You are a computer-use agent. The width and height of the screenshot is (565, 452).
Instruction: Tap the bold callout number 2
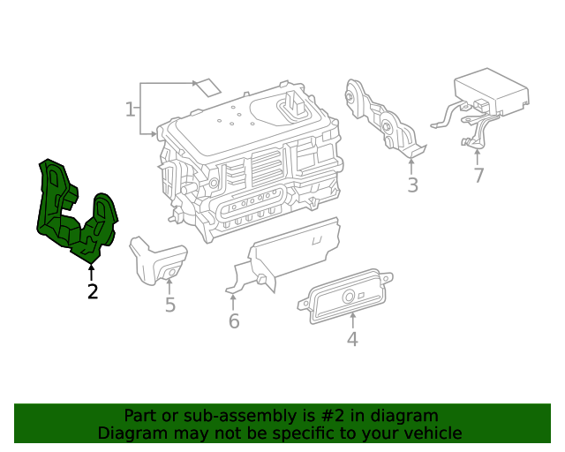[93, 291]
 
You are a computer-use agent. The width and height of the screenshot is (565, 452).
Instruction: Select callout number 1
[130, 109]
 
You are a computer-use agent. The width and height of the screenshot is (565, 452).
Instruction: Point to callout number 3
[412, 185]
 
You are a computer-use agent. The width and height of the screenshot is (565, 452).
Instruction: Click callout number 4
[352, 339]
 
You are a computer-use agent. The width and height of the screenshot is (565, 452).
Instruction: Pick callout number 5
[170, 305]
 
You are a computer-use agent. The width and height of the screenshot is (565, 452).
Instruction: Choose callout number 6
[234, 320]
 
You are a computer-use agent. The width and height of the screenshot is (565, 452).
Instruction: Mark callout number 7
[478, 175]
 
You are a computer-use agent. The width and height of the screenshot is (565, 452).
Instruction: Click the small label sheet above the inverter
[207, 87]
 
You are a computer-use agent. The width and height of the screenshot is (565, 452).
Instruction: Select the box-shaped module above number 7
[492, 92]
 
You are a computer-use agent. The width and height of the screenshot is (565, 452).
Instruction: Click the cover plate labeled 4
[345, 297]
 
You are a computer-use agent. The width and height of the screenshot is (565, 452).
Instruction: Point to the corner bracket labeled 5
[158, 260]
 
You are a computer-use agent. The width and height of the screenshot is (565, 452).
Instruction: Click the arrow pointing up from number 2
[92, 273]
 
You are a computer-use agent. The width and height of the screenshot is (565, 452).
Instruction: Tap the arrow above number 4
[353, 320]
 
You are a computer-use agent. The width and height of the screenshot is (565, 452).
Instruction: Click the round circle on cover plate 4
[349, 297]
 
